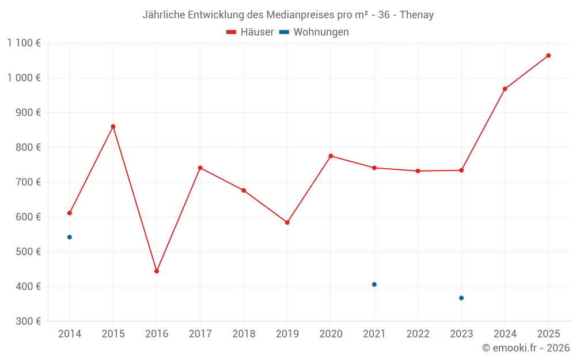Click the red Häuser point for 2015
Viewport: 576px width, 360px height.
(x=113, y=127)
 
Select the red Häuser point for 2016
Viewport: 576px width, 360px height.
(x=157, y=271)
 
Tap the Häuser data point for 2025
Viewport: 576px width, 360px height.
(x=548, y=56)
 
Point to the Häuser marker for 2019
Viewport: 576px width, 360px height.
(x=287, y=222)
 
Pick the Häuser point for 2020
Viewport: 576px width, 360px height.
(x=331, y=156)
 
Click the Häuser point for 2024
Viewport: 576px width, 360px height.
(x=505, y=89)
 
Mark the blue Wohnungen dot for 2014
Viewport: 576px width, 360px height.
(x=70, y=237)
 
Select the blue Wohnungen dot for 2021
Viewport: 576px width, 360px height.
(x=374, y=285)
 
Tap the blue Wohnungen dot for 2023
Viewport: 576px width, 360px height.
(x=461, y=298)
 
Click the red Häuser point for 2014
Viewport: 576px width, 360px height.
(x=70, y=213)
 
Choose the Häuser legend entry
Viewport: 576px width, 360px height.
(x=250, y=32)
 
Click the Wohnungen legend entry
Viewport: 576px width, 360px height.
(x=314, y=32)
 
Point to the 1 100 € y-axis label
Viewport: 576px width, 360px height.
(x=24, y=43)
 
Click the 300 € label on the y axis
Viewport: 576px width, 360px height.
(x=28, y=321)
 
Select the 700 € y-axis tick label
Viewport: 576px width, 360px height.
(x=28, y=182)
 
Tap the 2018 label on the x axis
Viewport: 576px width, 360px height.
(x=244, y=334)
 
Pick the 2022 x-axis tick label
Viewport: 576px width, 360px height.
(x=418, y=334)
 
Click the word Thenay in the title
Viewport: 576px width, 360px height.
(x=416, y=15)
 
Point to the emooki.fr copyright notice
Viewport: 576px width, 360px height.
(x=526, y=347)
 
